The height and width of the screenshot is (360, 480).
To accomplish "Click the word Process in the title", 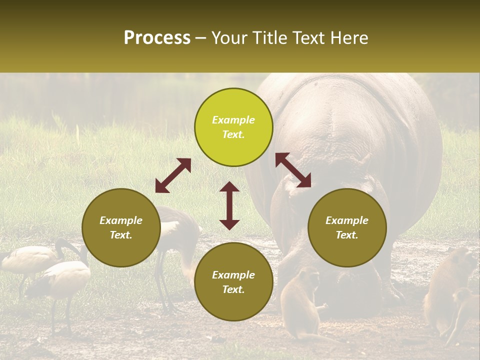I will click(157, 38).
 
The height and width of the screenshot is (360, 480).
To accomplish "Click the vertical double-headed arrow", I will click(229, 205).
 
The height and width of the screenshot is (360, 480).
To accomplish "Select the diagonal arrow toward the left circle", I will click(173, 175).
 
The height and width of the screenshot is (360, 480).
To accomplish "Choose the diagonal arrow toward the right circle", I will click(293, 170).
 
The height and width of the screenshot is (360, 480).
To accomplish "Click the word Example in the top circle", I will click(233, 120).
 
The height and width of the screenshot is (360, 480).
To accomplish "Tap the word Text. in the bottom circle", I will click(233, 289).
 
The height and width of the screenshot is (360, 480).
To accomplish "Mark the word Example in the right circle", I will click(347, 220).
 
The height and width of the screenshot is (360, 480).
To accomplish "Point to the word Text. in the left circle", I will click(121, 235).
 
